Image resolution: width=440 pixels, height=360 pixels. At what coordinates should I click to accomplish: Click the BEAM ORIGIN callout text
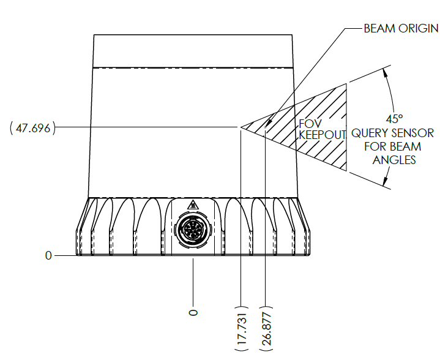(x=401, y=28)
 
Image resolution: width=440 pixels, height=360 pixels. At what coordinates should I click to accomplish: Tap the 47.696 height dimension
(x=33, y=128)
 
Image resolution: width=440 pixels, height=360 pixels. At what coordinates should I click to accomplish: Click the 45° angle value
(x=394, y=119)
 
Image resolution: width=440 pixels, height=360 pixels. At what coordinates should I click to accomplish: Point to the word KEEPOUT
(x=322, y=135)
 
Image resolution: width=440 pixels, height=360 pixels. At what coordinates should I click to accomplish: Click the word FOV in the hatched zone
(x=310, y=124)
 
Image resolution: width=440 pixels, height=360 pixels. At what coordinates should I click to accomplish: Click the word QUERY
(x=369, y=133)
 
